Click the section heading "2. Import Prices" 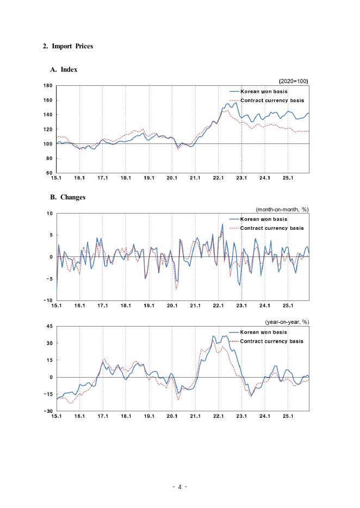[68, 46]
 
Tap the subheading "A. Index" [64, 70]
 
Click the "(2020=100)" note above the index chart [294, 81]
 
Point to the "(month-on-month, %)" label [282, 209]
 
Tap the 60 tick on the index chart [49, 173]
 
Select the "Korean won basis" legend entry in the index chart [264, 92]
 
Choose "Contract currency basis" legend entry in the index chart [272, 100]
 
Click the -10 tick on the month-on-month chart [48, 300]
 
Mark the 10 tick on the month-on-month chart [49, 214]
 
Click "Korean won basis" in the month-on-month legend [264, 220]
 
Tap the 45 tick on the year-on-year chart [48, 326]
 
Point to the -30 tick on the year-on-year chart [47, 411]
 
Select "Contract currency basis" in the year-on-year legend [272, 341]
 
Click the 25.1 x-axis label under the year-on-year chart [288, 417]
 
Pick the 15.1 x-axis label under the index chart [56, 178]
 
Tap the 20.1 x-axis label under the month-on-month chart [172, 306]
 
